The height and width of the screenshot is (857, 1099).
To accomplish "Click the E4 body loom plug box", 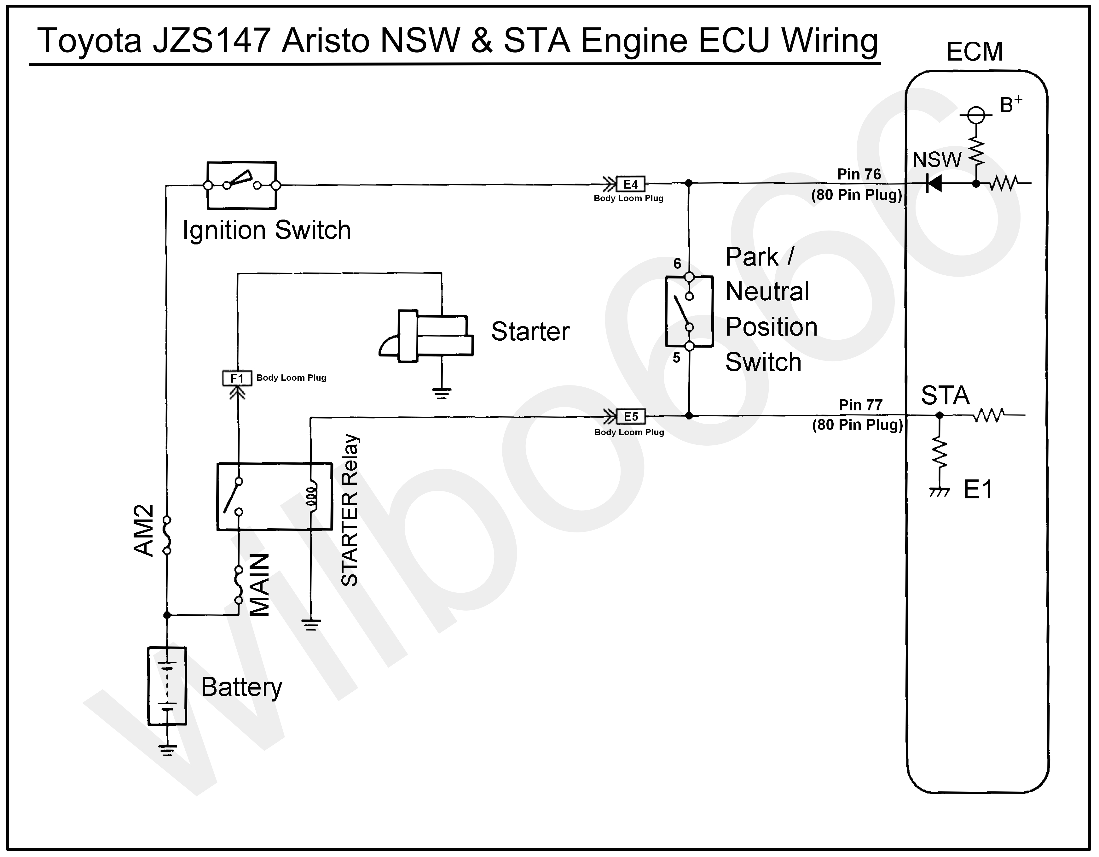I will point(631,184).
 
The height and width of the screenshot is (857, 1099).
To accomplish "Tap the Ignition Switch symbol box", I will point(241,185).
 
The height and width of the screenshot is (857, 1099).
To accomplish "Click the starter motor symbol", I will point(428,336).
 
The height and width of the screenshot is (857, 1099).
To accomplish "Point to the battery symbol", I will point(167,686).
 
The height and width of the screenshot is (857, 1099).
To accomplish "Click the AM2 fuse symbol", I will point(167,535).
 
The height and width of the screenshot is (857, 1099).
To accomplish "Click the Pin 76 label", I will point(859,174).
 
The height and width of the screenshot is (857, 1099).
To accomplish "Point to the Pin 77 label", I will point(860,405).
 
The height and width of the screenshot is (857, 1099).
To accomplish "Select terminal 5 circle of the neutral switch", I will point(689,346).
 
